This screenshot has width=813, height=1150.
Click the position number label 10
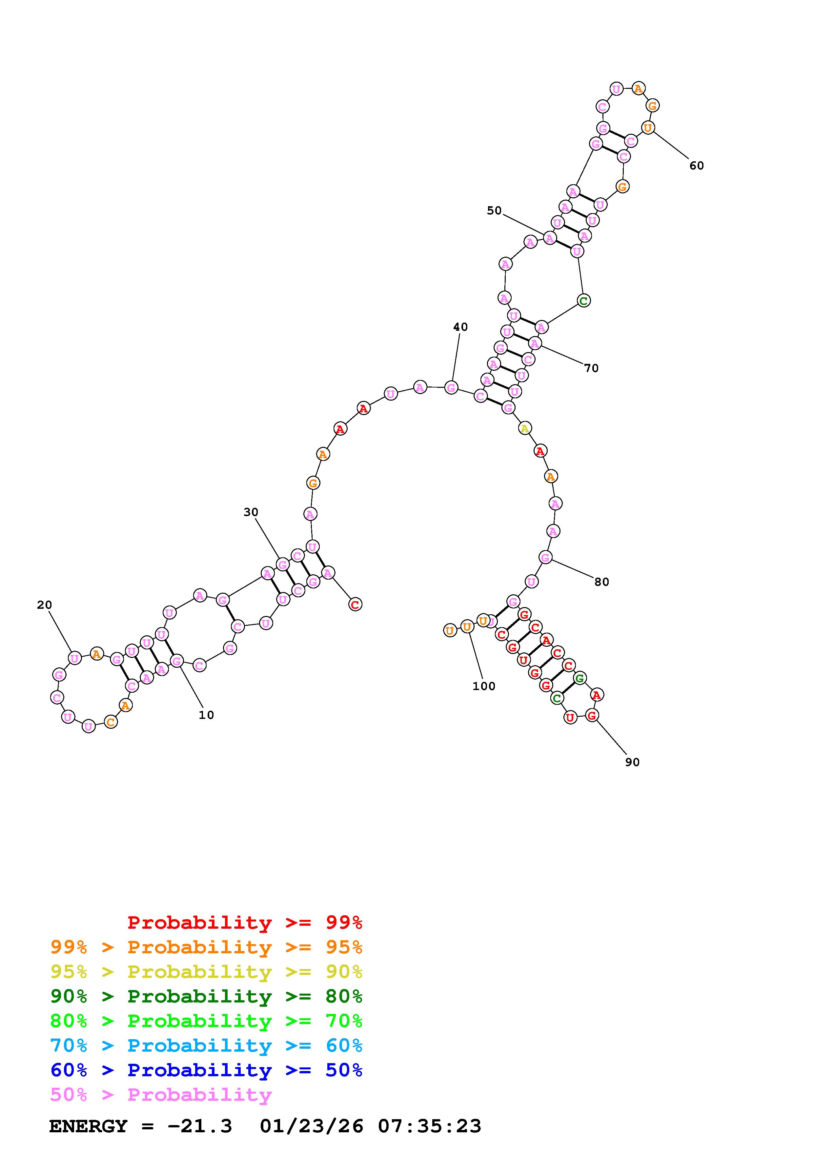pos(206,715)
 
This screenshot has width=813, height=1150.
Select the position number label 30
pos(251,512)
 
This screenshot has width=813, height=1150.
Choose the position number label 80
pos(601,582)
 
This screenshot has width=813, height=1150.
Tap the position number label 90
pos(632,762)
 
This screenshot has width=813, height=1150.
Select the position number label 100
pos(483,686)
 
